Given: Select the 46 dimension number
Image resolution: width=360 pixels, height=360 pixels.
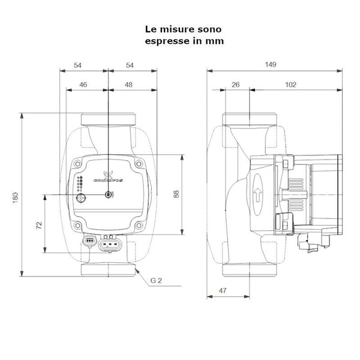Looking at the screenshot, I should pyautogui.click(x=83, y=85).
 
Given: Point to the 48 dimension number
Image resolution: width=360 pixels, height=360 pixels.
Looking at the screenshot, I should pyautogui.click(x=128, y=85).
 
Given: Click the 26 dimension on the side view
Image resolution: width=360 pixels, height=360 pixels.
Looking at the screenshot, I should pyautogui.click(x=235, y=85).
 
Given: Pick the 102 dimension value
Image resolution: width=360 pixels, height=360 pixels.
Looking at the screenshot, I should pyautogui.click(x=290, y=85).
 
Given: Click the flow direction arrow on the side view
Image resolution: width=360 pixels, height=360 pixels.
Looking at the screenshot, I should pyautogui.click(x=257, y=194).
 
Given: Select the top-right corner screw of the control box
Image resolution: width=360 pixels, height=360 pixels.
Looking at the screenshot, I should pyautogui.click(x=139, y=163).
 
